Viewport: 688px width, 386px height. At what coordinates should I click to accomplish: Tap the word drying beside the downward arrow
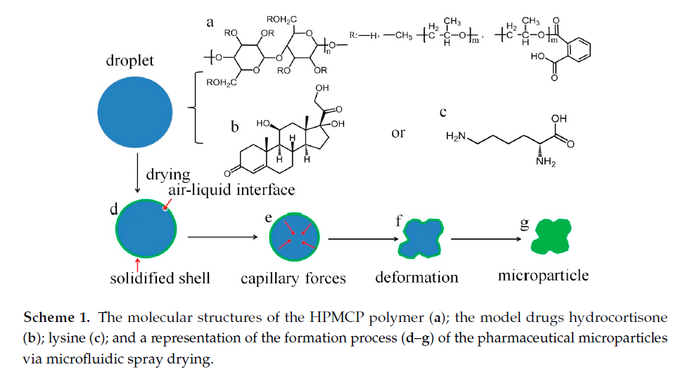point(168,173)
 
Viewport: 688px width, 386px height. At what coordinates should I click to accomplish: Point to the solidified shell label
point(160,278)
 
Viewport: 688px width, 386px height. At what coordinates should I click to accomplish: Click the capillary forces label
point(293,278)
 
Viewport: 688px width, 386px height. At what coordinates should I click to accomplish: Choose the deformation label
point(416,277)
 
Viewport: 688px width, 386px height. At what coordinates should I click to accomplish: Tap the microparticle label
point(543,275)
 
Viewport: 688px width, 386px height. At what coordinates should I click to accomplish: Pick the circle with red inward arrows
point(293,238)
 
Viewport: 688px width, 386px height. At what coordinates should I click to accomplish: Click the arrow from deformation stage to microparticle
point(488,239)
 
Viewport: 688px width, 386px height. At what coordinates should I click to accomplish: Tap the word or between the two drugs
point(399,133)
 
